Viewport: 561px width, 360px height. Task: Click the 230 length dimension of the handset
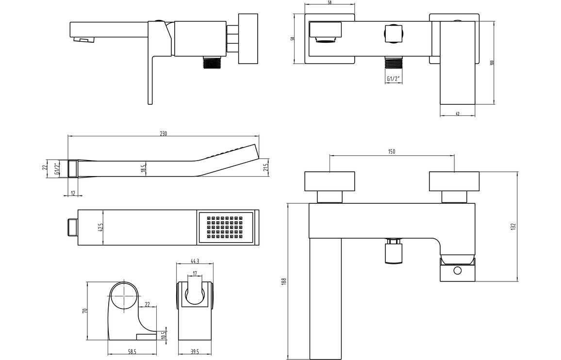(x=163, y=134)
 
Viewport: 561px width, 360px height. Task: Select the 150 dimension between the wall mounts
(x=392, y=151)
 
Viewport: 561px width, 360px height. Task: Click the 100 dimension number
(x=492, y=62)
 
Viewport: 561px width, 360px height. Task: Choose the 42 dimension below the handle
(x=458, y=113)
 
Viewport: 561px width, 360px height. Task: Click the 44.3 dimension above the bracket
(x=195, y=261)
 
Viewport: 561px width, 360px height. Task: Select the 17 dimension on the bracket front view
(x=195, y=274)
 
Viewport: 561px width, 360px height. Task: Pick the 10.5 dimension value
(x=163, y=335)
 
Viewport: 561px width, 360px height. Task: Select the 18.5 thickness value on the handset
(x=143, y=168)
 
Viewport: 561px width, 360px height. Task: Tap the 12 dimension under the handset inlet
(x=73, y=193)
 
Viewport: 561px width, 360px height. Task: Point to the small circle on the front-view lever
(x=457, y=271)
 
